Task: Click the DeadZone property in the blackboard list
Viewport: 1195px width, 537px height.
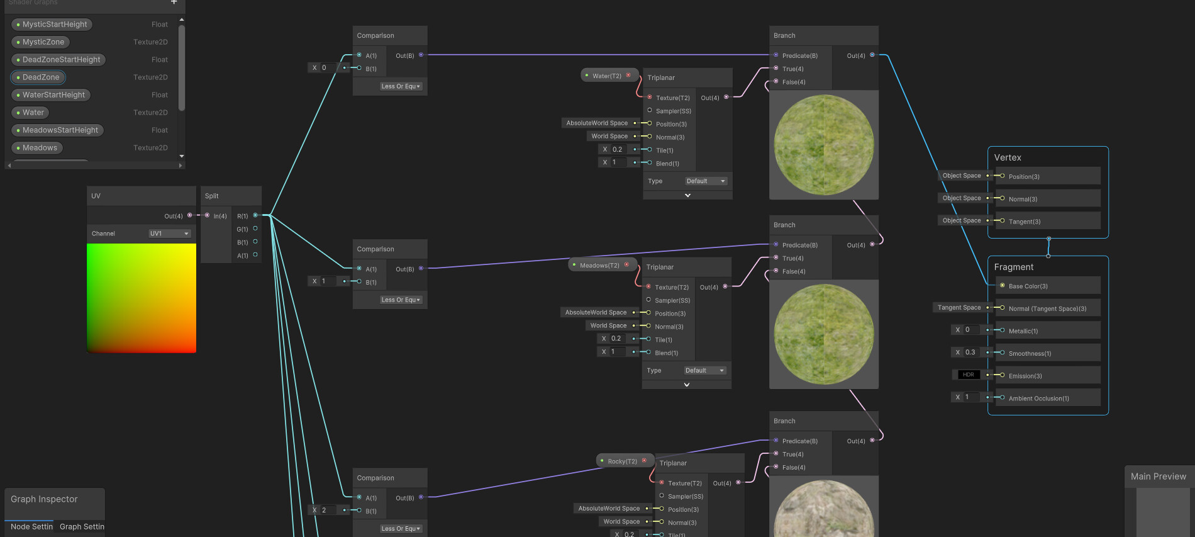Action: tap(40, 77)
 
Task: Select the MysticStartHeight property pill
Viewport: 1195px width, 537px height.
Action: tap(55, 25)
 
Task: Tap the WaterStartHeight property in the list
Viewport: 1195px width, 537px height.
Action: tap(53, 95)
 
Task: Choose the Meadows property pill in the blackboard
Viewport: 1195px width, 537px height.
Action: tap(40, 148)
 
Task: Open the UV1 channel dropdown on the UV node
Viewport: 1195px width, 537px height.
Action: tap(169, 234)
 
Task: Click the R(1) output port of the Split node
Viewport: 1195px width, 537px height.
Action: tap(255, 215)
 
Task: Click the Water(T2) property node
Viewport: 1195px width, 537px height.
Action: tap(607, 76)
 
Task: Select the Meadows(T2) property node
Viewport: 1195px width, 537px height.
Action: tap(600, 265)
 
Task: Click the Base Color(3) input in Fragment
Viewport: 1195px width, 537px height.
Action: tap(1028, 286)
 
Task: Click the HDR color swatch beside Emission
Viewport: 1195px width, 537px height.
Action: tap(968, 375)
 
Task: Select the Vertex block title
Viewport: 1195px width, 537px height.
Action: tap(1008, 157)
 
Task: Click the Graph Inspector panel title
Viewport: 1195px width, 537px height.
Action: tap(44, 499)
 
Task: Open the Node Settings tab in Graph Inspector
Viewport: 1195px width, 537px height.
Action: tap(31, 526)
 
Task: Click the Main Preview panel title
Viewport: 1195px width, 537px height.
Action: tap(1158, 477)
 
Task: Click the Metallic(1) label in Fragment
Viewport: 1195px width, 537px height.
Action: tap(1023, 331)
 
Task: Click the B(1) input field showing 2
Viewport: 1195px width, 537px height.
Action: tap(327, 510)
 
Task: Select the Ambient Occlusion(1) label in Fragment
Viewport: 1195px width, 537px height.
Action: tap(1038, 399)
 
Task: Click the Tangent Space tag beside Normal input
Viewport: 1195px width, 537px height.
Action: tap(959, 307)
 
